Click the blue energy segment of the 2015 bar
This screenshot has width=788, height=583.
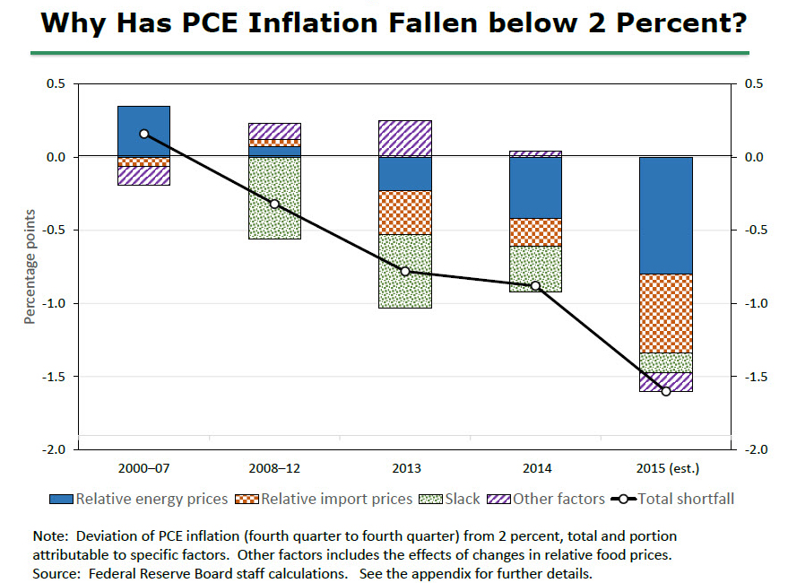coord(665,215)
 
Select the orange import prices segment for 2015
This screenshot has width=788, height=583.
coord(665,313)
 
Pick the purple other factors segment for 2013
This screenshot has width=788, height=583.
coord(404,138)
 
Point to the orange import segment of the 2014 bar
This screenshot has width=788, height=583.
coord(535,231)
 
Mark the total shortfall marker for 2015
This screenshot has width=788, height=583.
coord(665,391)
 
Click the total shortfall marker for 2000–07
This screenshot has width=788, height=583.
coord(143,134)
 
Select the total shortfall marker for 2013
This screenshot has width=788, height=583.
coord(404,271)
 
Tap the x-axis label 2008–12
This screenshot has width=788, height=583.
coord(274,468)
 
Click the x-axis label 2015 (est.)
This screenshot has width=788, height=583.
coord(665,468)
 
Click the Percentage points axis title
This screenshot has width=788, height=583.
coord(30,266)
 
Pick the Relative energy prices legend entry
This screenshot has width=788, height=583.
coord(134,499)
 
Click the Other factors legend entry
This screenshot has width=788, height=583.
coord(548,499)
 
